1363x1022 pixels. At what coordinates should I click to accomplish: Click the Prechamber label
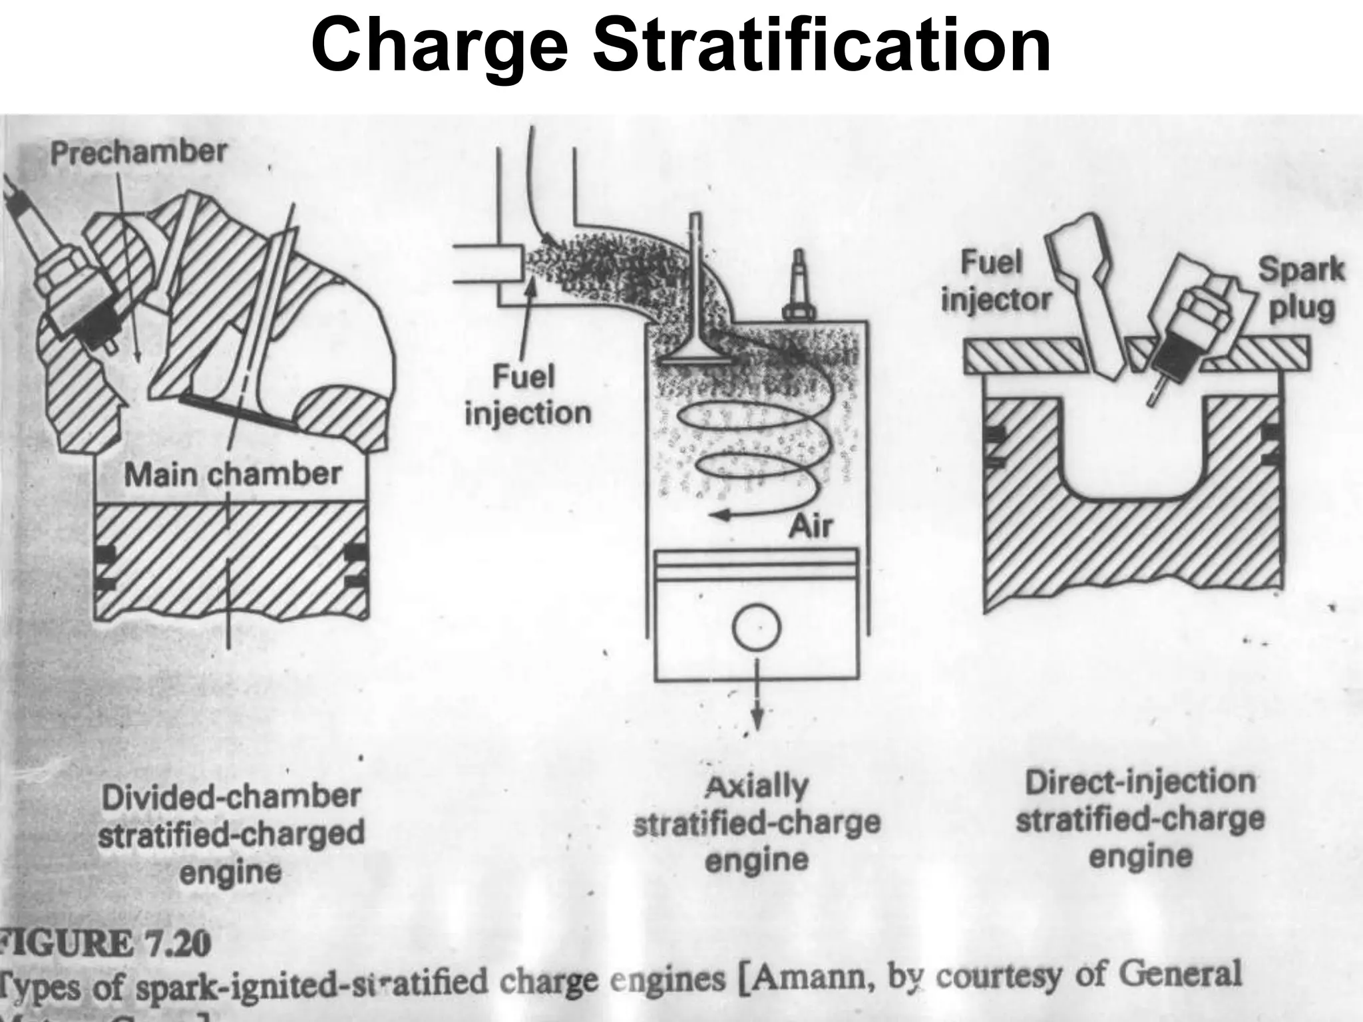click(x=138, y=153)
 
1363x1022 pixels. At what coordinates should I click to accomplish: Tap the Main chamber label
click(x=233, y=474)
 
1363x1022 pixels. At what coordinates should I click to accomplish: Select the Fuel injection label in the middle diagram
click(x=528, y=396)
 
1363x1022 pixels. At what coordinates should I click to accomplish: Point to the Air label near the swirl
click(x=810, y=526)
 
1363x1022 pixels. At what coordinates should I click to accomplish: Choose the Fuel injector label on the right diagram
click(x=995, y=281)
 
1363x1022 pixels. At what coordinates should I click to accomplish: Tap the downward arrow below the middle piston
click(x=757, y=705)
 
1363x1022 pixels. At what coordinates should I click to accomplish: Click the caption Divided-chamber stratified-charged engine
click(x=231, y=834)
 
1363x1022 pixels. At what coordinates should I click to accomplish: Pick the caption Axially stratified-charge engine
click(x=757, y=824)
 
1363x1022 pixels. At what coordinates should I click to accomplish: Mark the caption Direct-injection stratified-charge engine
click(x=1139, y=818)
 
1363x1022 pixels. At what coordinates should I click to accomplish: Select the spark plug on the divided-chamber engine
click(x=60, y=279)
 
